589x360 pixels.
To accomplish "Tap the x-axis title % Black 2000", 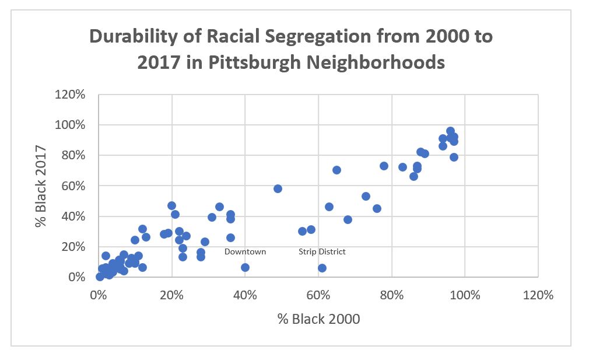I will pyautogui.click(x=318, y=319).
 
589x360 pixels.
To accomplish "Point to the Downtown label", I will pyautogui.click(x=245, y=251).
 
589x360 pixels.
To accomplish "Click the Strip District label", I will pyautogui.click(x=322, y=251).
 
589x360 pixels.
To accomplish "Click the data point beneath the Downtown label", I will pyautogui.click(x=245, y=267).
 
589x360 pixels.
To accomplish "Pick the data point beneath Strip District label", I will pyautogui.click(x=322, y=268).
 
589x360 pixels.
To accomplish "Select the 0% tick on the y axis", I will pyautogui.click(x=80, y=277).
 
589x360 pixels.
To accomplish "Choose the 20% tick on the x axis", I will pyautogui.click(x=172, y=295).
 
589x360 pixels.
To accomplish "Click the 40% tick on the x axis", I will pyautogui.click(x=245, y=295).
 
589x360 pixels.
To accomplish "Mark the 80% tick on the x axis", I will pyautogui.click(x=392, y=295).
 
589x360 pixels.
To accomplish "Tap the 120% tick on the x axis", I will pyautogui.click(x=538, y=295).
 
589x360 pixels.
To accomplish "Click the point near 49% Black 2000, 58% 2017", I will pyautogui.click(x=278, y=188).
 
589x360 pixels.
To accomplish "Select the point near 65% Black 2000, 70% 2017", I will pyautogui.click(x=336, y=170).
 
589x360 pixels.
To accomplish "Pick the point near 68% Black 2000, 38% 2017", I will pyautogui.click(x=348, y=219).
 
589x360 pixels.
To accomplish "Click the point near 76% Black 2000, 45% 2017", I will pyautogui.click(x=377, y=208).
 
